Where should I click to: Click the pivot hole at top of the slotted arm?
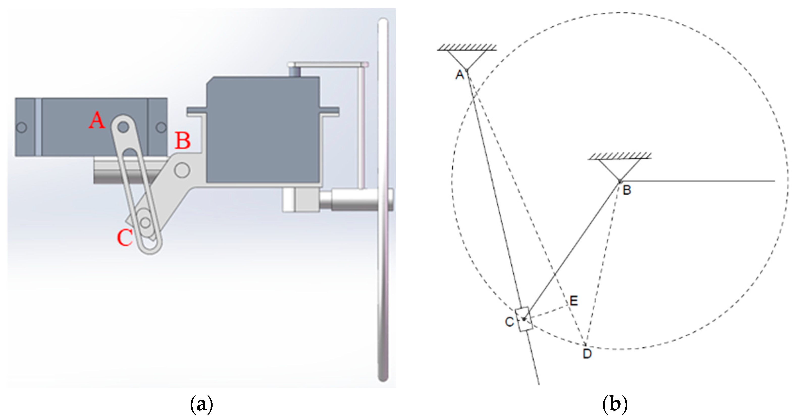[x=123, y=127]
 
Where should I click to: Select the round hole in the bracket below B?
[x=182, y=170]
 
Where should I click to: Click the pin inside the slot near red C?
[x=145, y=222]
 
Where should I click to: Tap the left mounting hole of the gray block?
[x=21, y=127]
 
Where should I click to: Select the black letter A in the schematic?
[x=460, y=75]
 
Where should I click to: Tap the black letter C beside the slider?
[x=509, y=322]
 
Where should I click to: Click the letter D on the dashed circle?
[x=587, y=354]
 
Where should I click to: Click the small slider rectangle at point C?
[x=524, y=319]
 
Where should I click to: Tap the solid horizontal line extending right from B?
[x=698, y=181]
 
